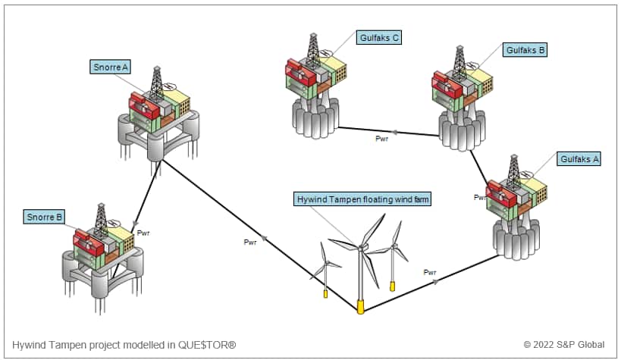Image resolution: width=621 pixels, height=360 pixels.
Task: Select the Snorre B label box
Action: click(44, 218)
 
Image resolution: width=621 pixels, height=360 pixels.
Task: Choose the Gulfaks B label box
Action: click(524, 50)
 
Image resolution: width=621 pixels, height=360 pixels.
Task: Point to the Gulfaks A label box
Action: click(579, 159)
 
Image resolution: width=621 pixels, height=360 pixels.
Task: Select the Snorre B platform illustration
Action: click(102, 254)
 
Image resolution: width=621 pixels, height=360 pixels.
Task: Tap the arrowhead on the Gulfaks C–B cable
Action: click(394, 132)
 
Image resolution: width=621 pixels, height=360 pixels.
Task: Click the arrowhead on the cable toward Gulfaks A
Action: click(436, 282)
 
